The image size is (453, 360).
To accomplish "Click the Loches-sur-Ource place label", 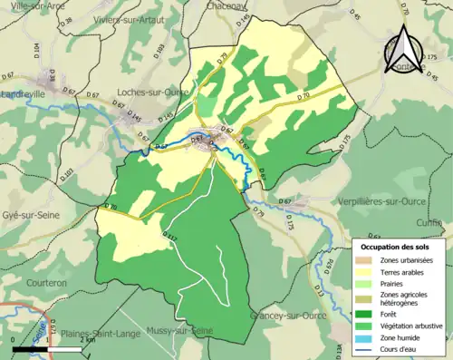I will point(152,92).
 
